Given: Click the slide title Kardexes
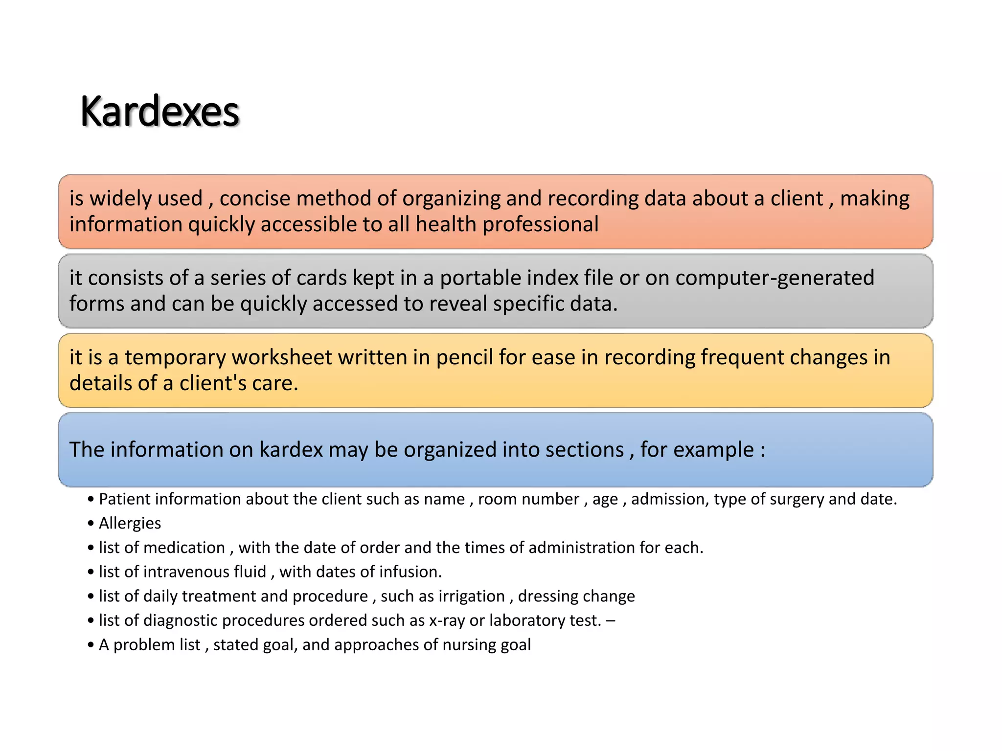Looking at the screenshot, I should [159, 111].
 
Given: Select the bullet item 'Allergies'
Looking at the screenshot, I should [130, 523].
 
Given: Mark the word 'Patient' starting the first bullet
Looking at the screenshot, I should [125, 499].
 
